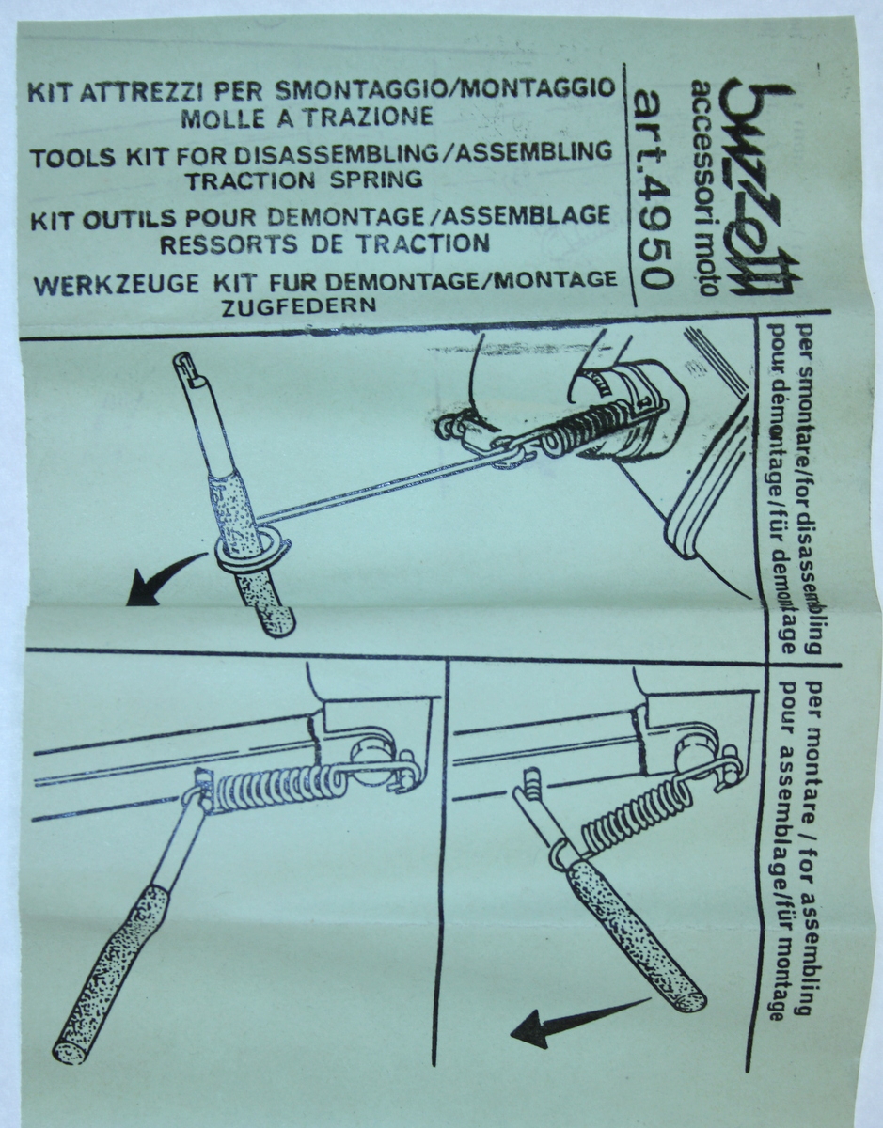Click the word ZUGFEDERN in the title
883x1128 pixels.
pyautogui.click(x=298, y=306)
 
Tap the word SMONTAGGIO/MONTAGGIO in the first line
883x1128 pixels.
pyautogui.click(x=444, y=89)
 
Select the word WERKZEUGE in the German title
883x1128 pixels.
pyautogui.click(x=114, y=284)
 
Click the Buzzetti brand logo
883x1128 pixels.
pyautogui.click(x=761, y=188)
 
